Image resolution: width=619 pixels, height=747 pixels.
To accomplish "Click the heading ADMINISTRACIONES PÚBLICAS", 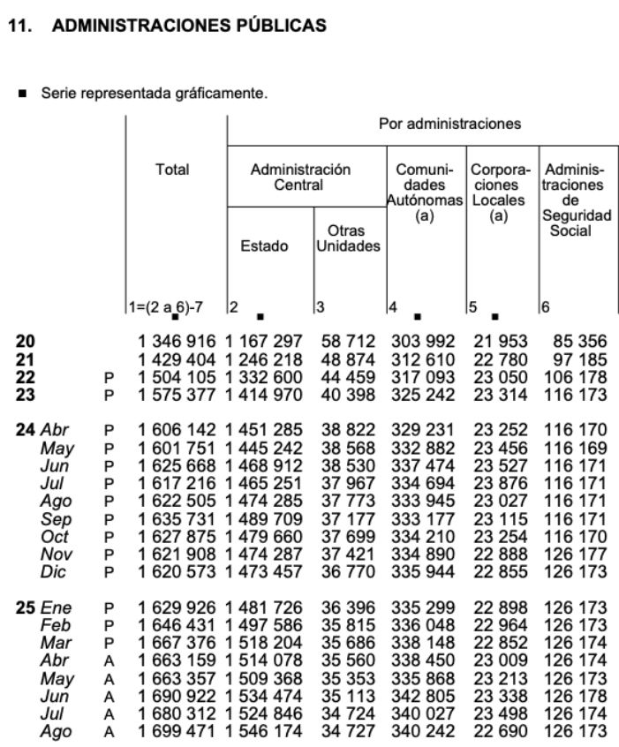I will pos(190,26).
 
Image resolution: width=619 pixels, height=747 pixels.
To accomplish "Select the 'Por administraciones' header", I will pos(449,124).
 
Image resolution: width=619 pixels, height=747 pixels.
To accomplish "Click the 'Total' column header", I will pos(173,170).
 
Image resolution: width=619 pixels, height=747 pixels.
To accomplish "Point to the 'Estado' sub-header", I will pos(264,246).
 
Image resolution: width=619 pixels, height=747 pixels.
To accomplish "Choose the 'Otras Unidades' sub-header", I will pos(348,238).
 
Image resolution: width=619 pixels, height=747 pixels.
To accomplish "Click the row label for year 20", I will pos(26,341).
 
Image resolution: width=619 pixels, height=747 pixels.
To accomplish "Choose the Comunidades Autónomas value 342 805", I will pos(424,697).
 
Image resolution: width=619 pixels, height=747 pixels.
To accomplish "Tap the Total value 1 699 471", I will pos(177,732).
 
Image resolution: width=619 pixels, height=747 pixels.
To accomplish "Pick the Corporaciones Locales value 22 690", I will pos(499,732).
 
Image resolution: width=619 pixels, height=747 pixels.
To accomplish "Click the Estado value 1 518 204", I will pos(265,644).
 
